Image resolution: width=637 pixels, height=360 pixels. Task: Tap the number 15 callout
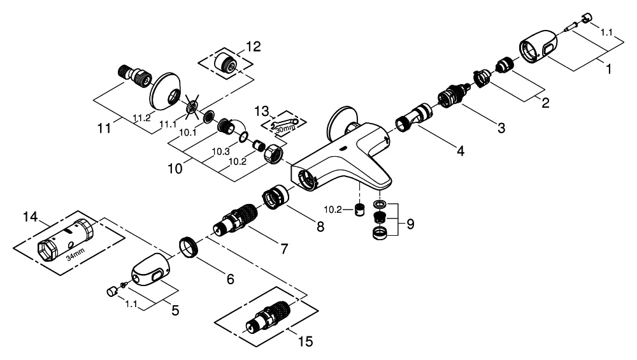(x=305, y=342)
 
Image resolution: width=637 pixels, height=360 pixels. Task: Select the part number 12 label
(x=254, y=46)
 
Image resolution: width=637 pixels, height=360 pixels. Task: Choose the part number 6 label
(x=230, y=278)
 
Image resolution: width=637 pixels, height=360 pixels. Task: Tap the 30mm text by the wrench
(x=286, y=127)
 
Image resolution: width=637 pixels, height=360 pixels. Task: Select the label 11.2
(x=141, y=117)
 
